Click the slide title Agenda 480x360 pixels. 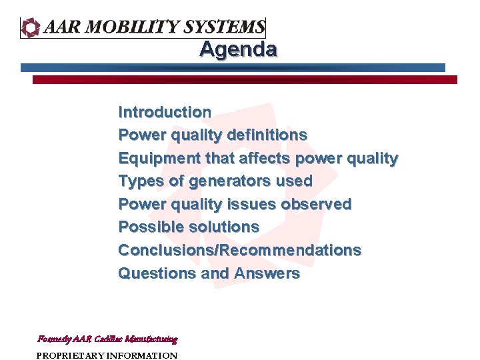(238, 49)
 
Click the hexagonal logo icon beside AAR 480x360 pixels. (31, 27)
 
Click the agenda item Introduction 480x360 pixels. (165, 112)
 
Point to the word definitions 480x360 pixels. (267, 135)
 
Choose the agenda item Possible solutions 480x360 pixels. (189, 227)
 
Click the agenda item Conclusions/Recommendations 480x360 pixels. (239, 251)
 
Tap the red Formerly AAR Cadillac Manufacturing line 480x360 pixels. (107, 339)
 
